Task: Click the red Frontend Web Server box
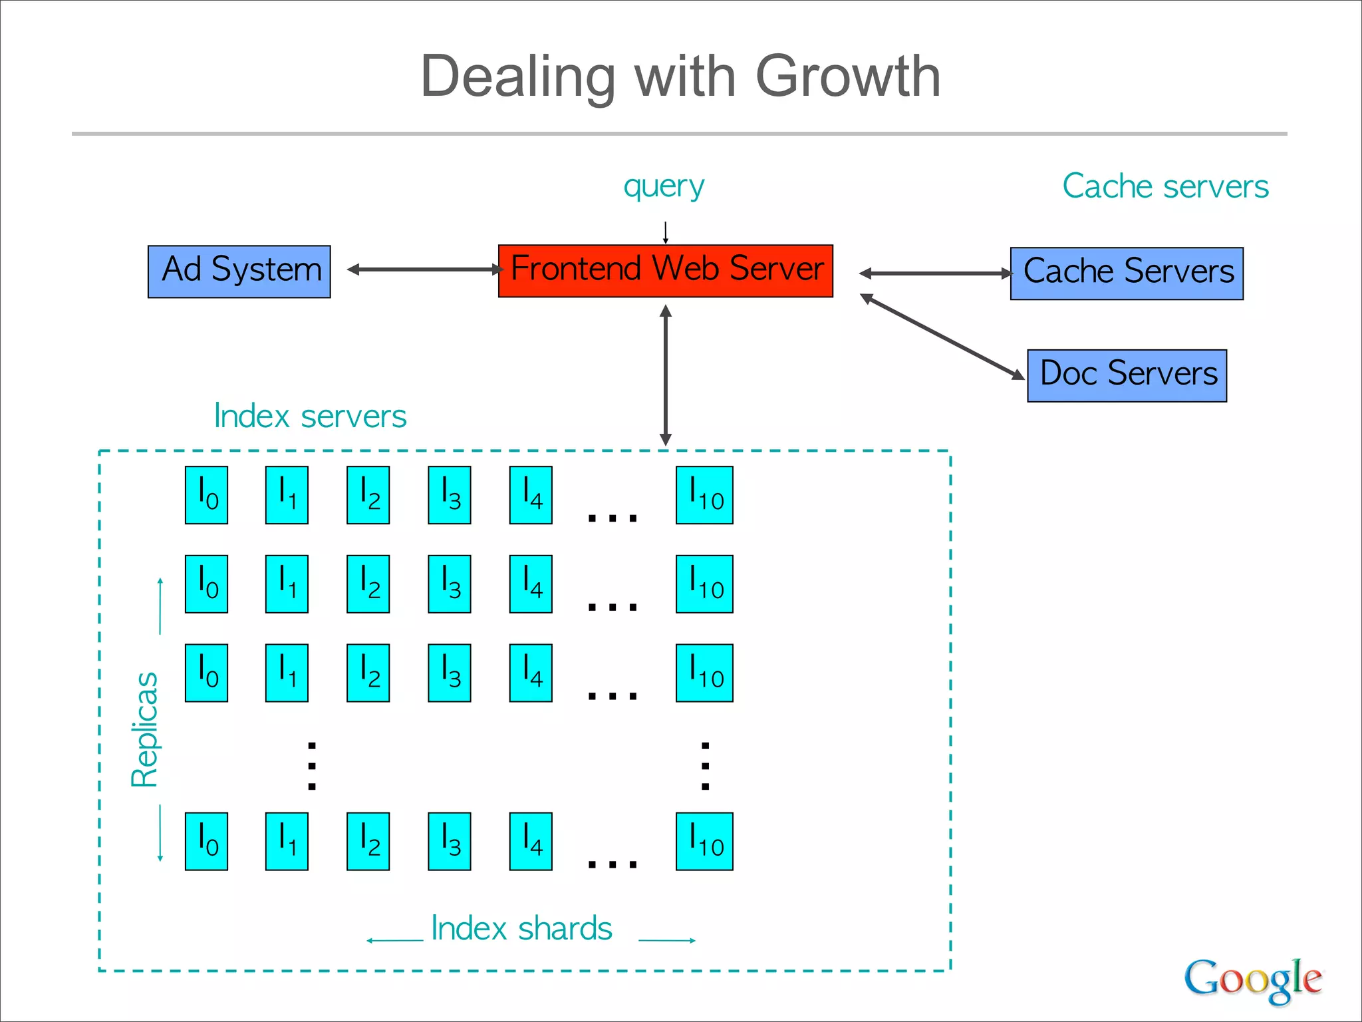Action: [665, 271]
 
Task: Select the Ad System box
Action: [239, 271]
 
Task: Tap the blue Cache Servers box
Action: [1127, 273]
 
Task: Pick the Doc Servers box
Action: [1127, 375]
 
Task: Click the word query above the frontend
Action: [664, 187]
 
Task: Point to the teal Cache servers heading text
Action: [1165, 186]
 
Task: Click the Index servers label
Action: [310, 417]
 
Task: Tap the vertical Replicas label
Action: [144, 729]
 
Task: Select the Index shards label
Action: [521, 928]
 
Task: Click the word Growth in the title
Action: [848, 77]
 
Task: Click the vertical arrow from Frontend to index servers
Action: [666, 375]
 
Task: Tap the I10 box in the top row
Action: [704, 495]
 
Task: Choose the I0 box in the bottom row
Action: [206, 841]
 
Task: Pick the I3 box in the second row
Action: [450, 584]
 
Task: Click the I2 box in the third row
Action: [368, 673]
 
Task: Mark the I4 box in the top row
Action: [531, 495]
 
